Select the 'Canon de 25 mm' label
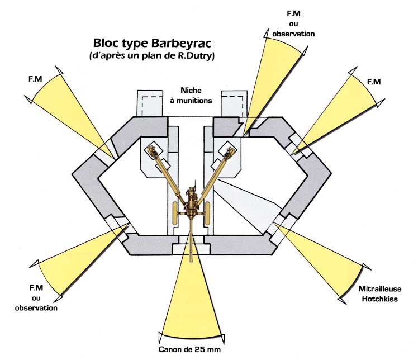tap(192, 350)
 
